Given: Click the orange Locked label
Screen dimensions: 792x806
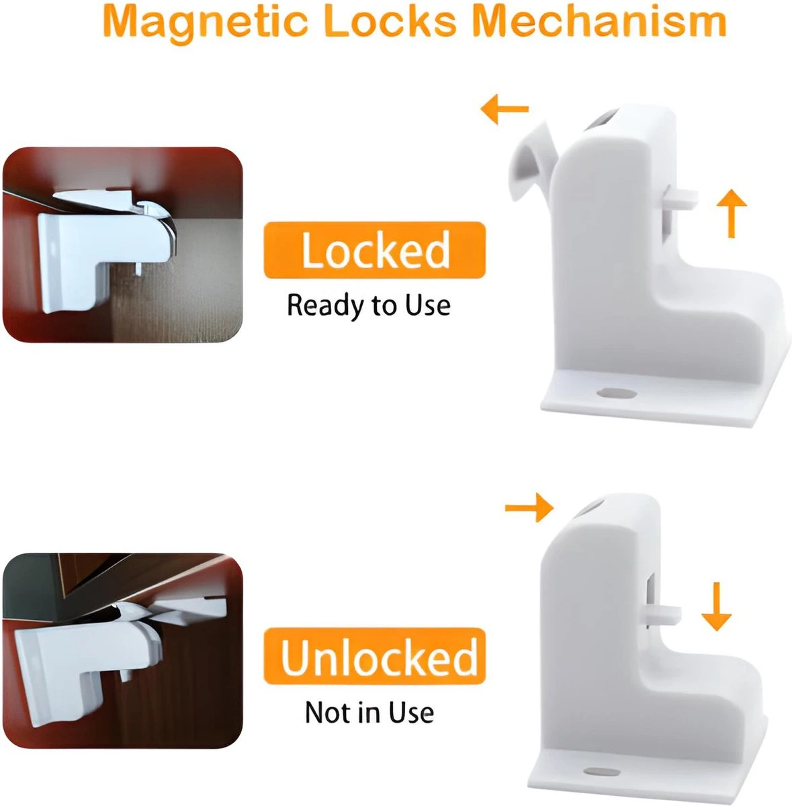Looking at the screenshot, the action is click(x=374, y=250).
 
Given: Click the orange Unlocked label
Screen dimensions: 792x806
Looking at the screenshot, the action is click(x=374, y=656).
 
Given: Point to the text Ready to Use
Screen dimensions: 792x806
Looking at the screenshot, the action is click(x=369, y=306).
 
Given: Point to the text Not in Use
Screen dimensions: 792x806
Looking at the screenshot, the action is click(x=369, y=713).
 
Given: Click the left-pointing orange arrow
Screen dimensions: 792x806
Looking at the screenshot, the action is click(x=504, y=109).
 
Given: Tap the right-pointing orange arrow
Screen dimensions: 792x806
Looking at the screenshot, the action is click(x=529, y=508).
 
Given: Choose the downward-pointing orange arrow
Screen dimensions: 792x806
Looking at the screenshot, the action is click(x=716, y=607).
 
